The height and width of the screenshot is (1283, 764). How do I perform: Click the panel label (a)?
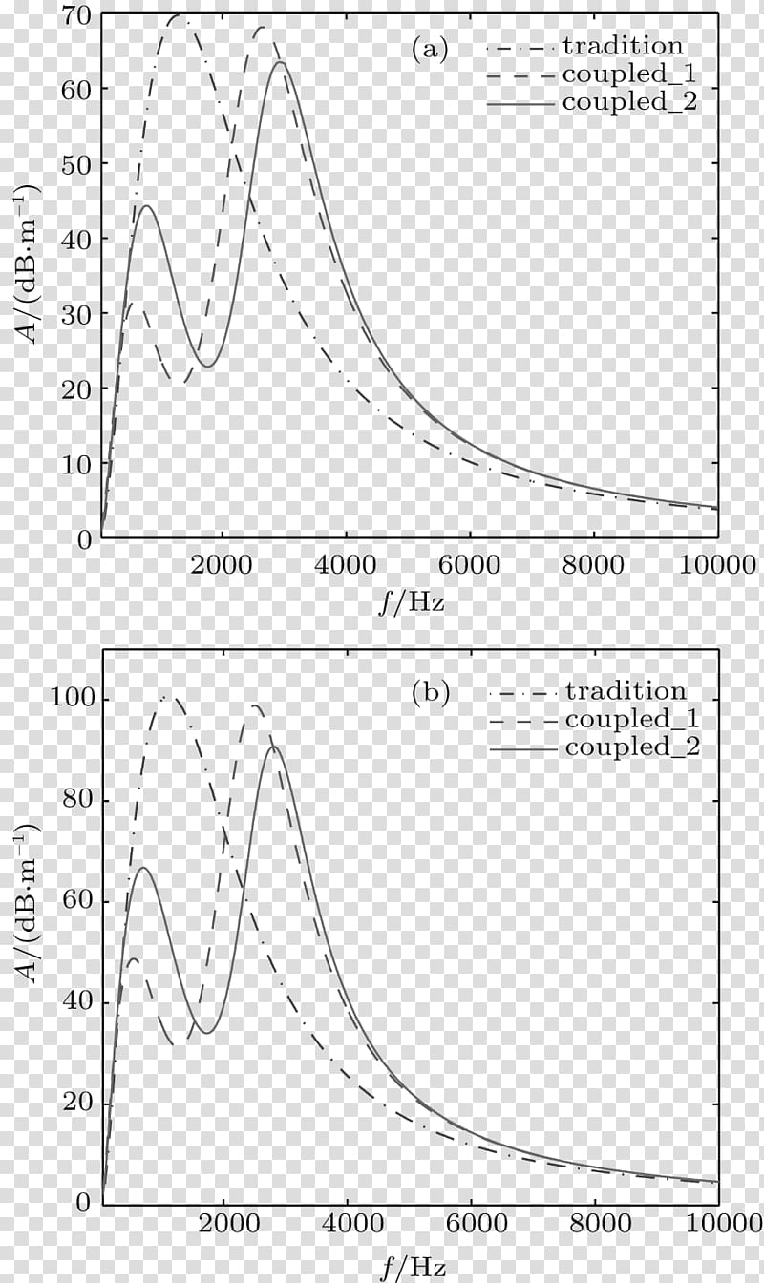click(430, 50)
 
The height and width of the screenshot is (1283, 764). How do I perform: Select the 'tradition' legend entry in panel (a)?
click(623, 46)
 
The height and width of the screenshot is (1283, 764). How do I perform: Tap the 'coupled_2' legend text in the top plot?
click(629, 101)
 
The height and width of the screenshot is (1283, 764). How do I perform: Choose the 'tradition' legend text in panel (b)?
click(626, 690)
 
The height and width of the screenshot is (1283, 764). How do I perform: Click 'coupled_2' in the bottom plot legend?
click(632, 747)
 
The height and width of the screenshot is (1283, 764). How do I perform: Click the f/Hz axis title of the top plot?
click(411, 601)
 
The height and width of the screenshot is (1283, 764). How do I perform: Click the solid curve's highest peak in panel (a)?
click(280, 62)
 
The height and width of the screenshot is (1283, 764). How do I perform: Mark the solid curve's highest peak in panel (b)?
click(275, 747)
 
